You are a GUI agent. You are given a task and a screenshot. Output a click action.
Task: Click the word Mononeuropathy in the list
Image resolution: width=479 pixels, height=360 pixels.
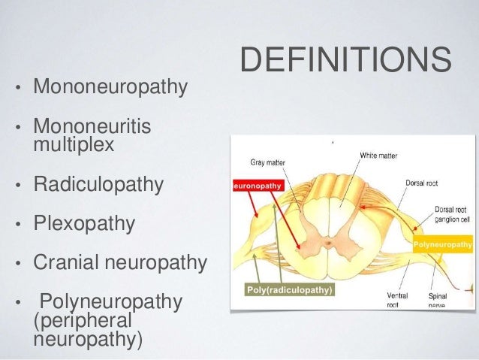tap(110, 86)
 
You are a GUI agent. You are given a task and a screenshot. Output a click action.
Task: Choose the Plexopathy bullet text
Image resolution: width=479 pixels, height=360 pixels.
tap(84, 224)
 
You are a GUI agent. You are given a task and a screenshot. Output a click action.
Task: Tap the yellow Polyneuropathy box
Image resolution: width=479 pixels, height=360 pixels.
tap(442, 244)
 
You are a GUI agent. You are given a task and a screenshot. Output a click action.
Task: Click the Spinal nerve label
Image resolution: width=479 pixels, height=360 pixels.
tap(438, 301)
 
